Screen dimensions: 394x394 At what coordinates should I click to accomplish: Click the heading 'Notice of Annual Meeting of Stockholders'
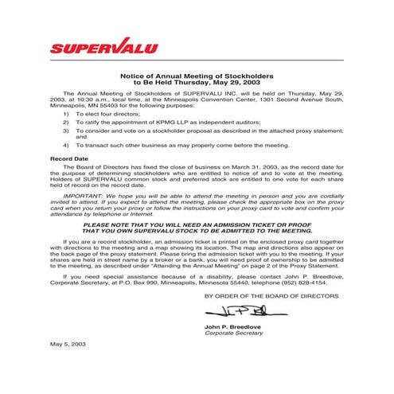click(197, 75)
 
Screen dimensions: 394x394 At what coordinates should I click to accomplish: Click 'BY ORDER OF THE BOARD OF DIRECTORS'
click(271, 295)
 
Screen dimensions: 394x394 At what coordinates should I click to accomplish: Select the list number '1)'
click(66, 114)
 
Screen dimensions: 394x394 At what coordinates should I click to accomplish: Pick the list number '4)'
click(66, 146)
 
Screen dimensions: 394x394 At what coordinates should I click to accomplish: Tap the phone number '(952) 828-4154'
click(304, 282)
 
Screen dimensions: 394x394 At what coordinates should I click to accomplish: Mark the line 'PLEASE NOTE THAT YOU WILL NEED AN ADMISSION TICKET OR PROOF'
click(197, 225)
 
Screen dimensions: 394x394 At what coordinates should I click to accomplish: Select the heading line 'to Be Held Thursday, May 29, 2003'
click(197, 82)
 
